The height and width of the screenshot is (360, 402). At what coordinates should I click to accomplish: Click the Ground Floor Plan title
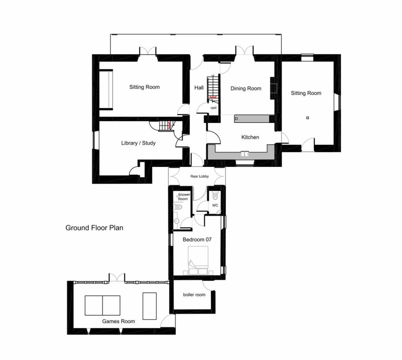94,228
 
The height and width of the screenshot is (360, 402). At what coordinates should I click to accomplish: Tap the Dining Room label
246,89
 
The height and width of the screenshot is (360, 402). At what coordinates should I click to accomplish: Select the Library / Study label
138,143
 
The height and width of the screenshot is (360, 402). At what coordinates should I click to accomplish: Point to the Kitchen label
250,137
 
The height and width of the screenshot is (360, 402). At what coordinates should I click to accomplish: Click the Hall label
199,88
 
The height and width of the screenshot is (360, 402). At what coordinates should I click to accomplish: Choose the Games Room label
118,321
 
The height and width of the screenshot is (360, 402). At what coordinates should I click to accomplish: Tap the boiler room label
194,295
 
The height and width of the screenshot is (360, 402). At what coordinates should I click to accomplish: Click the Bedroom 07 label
197,240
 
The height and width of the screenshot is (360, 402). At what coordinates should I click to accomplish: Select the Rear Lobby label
200,176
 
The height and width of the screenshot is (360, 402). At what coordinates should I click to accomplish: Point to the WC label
215,205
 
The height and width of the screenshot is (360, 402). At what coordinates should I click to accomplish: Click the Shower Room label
184,197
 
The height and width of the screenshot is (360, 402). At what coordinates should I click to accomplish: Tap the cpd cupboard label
213,108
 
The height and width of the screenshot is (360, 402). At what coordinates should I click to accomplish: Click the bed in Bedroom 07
198,261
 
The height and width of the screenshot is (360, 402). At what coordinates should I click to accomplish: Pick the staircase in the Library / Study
165,126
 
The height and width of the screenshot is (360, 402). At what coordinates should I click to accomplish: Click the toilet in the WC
215,196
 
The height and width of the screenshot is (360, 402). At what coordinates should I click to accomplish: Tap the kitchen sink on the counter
245,154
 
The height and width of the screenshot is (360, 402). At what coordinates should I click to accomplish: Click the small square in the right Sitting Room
308,118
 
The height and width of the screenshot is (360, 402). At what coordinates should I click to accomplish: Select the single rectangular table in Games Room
149,306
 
